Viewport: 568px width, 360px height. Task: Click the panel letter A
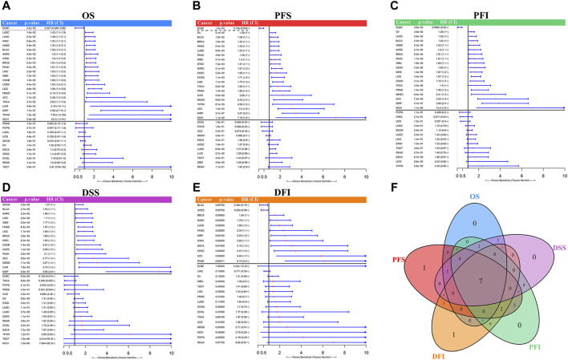(x=6, y=6)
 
